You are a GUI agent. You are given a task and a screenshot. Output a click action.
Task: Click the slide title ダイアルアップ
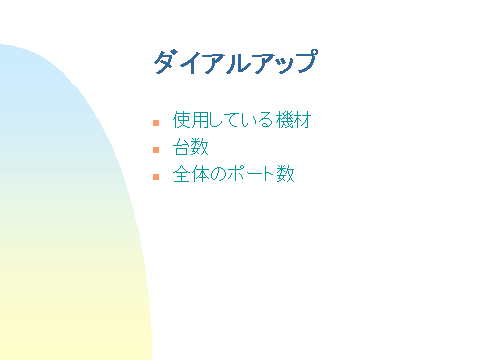point(235,62)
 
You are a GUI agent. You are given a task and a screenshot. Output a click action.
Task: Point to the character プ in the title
point(306,62)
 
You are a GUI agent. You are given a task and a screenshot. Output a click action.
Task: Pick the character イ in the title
point(188,62)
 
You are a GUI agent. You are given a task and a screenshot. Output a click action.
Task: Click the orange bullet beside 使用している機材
point(156,123)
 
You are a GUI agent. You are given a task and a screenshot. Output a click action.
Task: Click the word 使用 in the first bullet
point(191,121)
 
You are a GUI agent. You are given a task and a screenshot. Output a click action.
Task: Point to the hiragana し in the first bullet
point(217,121)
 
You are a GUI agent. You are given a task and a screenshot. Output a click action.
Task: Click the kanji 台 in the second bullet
point(181,148)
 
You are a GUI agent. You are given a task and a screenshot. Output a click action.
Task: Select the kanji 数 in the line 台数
point(200,148)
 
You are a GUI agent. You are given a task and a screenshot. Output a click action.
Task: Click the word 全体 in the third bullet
point(191,175)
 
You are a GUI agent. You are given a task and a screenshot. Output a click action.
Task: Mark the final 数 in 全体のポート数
point(286,175)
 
